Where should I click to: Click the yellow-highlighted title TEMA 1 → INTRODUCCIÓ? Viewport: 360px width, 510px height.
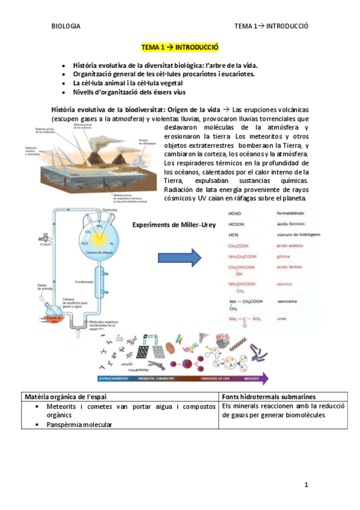coord(180,46)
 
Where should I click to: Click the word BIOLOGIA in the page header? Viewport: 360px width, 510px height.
coord(66,26)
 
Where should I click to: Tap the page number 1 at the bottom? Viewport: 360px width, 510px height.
coord(306,484)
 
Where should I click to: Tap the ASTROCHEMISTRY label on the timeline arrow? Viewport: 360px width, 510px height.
coord(115,379)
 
